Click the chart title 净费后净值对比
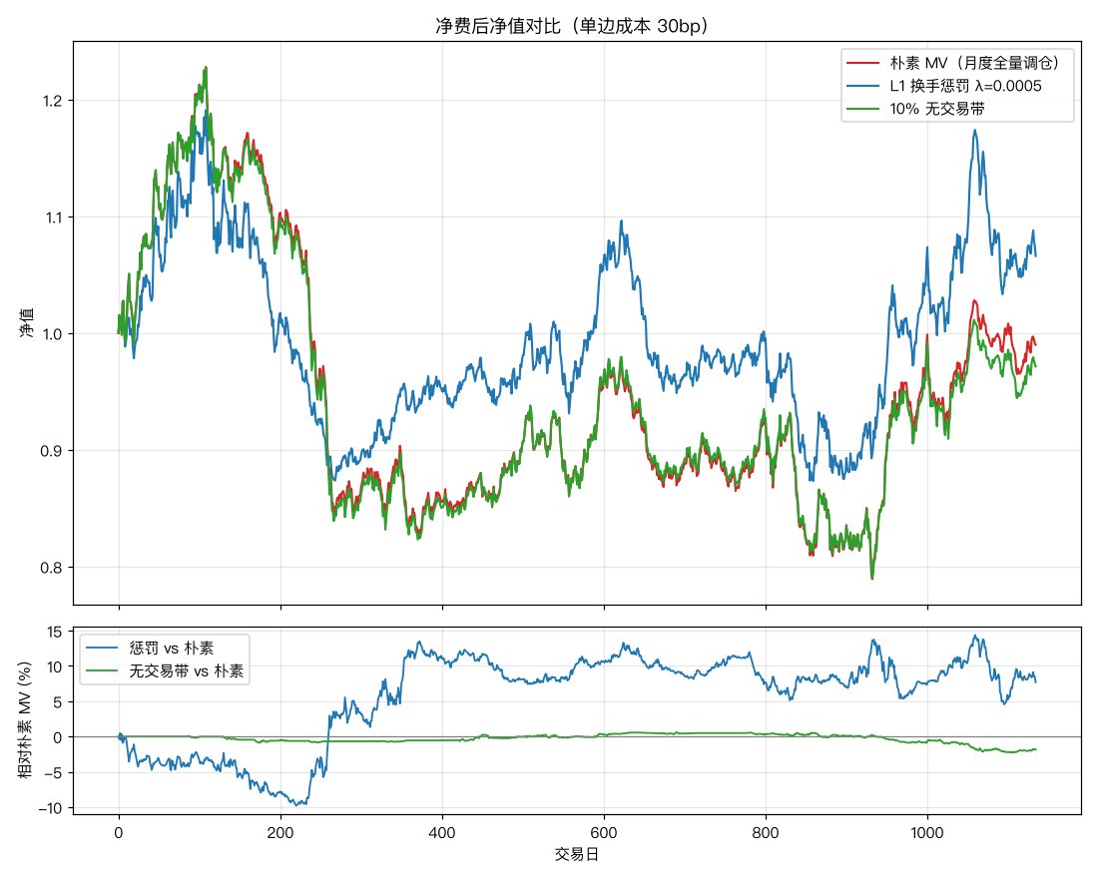pyautogui.click(x=498, y=26)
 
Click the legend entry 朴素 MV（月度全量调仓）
pyautogui.click(x=974, y=63)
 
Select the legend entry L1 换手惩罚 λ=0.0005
pyautogui.click(x=965, y=86)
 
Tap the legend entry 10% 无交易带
pyautogui.click(x=937, y=109)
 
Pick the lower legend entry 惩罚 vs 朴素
pyautogui.click(x=172, y=649)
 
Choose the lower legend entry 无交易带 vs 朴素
pyautogui.click(x=187, y=671)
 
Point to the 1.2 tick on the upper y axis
pyautogui.click(x=53, y=101)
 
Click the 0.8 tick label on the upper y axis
pyautogui.click(x=53, y=568)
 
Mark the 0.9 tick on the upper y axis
pyautogui.click(x=53, y=451)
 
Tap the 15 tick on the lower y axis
pyautogui.click(x=55, y=633)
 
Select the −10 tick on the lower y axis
pyautogui.click(x=51, y=809)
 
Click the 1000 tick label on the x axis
pyautogui.click(x=927, y=833)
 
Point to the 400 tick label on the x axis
pyautogui.click(x=442, y=833)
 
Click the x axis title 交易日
pyautogui.click(x=577, y=855)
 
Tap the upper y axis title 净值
pyautogui.click(x=27, y=323)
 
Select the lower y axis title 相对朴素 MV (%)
pyautogui.click(x=25, y=720)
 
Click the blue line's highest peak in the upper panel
pyautogui.click(x=975, y=131)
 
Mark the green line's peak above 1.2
pyautogui.click(x=206, y=67)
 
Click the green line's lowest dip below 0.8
pyautogui.click(x=872, y=579)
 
